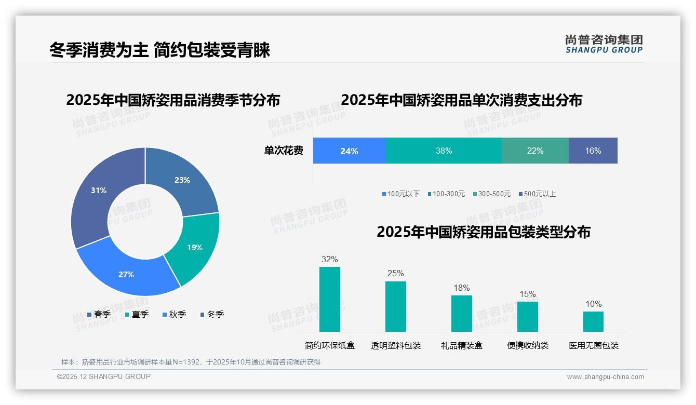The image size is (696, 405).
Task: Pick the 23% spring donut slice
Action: [182, 181]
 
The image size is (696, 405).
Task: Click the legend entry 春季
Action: [99, 314]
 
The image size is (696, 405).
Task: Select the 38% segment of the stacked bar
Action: [444, 151]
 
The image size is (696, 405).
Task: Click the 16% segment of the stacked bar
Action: [593, 151]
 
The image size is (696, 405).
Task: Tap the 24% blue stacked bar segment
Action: [349, 151]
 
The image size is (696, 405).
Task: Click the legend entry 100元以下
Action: [400, 194]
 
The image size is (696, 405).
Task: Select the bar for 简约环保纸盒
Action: [329, 299]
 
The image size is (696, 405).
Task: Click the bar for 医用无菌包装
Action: [593, 321]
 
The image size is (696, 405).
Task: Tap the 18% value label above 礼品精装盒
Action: [461, 288]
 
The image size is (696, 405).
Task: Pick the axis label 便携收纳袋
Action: [528, 345]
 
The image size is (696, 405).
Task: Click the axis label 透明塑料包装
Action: [396, 345]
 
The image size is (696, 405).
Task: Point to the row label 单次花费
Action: [284, 151]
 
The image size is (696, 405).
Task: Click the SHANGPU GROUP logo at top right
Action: [604, 44]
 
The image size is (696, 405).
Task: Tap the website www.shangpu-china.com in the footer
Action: [605, 377]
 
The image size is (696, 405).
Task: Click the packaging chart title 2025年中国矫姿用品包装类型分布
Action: [483, 232]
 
